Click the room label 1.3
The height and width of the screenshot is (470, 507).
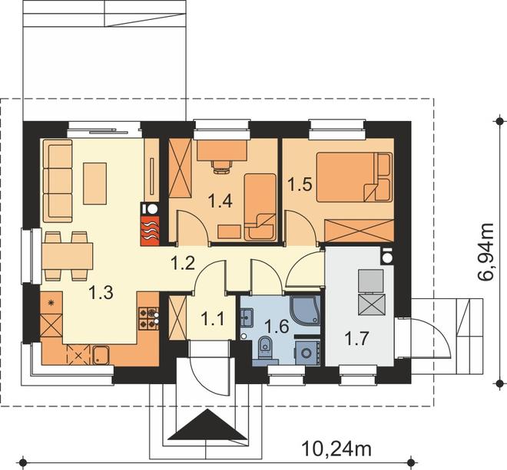point(101,292)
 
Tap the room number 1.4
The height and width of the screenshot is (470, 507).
point(220,201)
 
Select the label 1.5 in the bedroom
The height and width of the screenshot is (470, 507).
point(300,185)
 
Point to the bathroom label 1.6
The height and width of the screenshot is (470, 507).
point(277,327)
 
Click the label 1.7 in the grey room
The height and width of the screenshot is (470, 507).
point(356,339)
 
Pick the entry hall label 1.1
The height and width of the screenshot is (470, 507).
point(213,320)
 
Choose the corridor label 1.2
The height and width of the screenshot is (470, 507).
point(183,263)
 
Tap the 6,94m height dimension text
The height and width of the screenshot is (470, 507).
point(486,251)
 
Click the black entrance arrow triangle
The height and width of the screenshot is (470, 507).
point(207,425)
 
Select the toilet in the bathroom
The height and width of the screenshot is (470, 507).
point(266,347)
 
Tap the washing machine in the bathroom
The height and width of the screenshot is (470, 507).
point(307,353)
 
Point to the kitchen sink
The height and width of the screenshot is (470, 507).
point(101,355)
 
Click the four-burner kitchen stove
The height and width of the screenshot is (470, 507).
point(149,319)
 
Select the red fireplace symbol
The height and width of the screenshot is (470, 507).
point(150,231)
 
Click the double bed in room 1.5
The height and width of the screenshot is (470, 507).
point(354,177)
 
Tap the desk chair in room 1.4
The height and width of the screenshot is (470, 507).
point(222,166)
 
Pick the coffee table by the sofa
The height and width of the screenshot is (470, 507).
point(95,183)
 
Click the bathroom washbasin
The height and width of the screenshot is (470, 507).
point(247,317)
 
